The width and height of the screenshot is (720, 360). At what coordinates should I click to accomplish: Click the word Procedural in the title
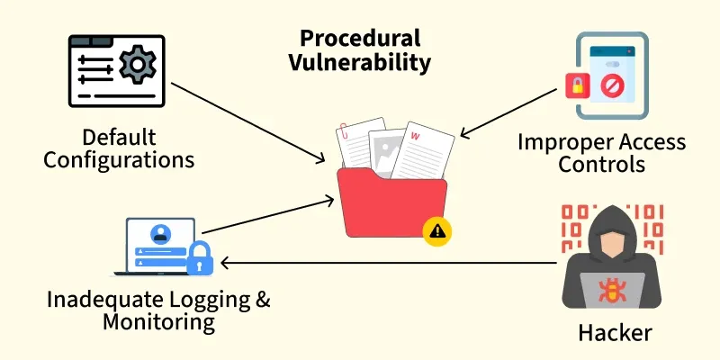(360, 39)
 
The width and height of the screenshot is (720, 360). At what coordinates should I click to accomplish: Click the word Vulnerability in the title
(360, 63)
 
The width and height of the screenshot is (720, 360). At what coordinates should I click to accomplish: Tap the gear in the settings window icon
(138, 64)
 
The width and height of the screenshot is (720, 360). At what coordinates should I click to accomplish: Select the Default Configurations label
(119, 148)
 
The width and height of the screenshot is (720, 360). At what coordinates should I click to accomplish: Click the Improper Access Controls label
(601, 153)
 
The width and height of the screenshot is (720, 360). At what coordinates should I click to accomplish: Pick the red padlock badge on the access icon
(578, 85)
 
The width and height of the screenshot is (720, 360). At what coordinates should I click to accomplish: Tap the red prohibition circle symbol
(610, 85)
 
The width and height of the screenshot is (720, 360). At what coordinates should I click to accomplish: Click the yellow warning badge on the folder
(437, 232)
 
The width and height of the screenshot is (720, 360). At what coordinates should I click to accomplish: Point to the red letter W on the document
(415, 137)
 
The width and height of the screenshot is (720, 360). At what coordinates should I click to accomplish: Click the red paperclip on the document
(343, 131)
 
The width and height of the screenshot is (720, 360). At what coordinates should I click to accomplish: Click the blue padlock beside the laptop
(200, 258)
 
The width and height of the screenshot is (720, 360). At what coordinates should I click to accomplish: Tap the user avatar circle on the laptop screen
(160, 234)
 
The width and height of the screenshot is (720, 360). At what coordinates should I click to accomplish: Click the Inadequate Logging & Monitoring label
(159, 310)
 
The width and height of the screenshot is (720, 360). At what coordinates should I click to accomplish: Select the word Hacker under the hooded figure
(615, 332)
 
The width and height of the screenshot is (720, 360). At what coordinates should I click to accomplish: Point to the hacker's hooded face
(612, 242)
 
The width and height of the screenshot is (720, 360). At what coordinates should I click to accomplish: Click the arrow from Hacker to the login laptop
(389, 263)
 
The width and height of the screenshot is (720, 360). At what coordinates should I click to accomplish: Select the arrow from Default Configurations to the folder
(248, 122)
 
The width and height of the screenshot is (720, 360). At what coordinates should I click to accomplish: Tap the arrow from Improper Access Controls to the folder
(508, 113)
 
